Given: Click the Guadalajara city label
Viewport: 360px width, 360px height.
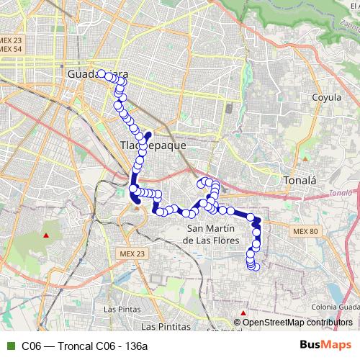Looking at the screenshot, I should [x=97, y=74].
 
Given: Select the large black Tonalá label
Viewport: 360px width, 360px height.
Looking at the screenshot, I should [x=298, y=180].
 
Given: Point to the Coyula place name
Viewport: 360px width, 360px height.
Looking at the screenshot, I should [x=325, y=97].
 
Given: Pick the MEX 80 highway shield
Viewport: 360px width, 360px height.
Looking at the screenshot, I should [x=306, y=231].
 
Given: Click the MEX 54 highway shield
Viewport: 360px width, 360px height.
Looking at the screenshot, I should [x=12, y=48].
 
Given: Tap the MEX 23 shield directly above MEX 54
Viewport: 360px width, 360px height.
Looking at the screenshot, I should [x=12, y=40].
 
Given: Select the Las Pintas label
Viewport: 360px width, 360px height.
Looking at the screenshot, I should [x=122, y=309].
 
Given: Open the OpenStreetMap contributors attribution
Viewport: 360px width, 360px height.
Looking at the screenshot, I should [x=297, y=323].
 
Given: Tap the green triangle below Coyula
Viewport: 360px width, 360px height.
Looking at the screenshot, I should [x=305, y=156].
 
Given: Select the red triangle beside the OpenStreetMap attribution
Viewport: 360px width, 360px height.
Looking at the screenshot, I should [x=244, y=312].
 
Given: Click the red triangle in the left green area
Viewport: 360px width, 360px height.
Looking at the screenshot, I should [x=46, y=235].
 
